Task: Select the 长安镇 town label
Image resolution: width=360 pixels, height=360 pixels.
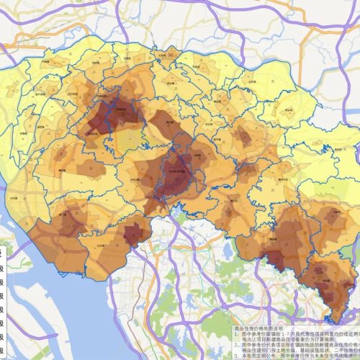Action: click(134, 233)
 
